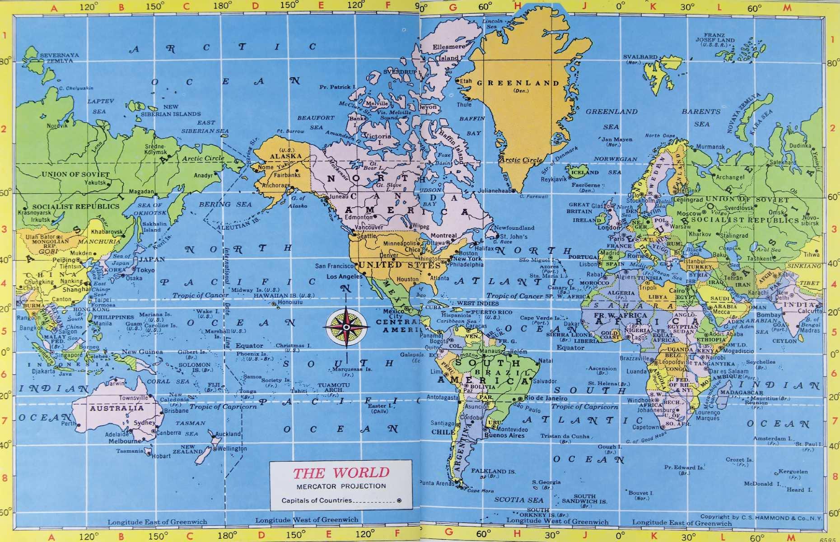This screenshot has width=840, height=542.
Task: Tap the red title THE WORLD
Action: [x=341, y=473]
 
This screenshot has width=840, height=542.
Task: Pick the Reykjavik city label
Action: [x=554, y=179]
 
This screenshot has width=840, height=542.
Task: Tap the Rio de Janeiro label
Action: [x=546, y=398]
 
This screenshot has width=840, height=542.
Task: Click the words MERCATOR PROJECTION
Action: [x=341, y=486]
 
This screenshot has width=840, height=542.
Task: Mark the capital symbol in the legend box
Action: [x=399, y=500]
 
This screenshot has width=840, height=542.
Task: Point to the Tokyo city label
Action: [x=145, y=270]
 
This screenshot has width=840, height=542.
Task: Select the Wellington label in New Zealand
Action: [x=232, y=449]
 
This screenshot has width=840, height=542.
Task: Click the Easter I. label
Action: [x=377, y=406]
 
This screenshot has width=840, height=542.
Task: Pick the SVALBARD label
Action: [x=640, y=57]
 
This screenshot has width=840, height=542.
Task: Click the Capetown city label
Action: [x=645, y=427]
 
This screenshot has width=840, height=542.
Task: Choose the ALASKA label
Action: [x=285, y=156]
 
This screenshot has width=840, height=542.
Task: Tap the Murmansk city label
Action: [x=710, y=147]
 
